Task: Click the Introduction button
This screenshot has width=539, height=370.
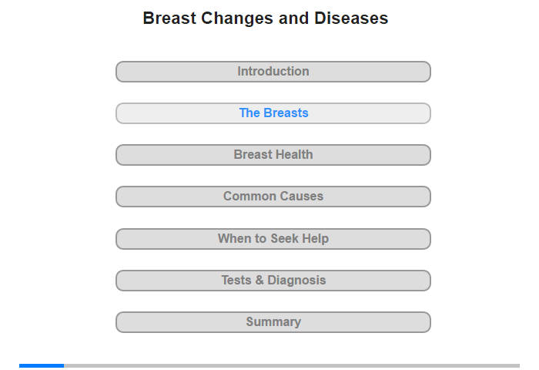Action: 273,72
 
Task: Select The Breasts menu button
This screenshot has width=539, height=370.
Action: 273,113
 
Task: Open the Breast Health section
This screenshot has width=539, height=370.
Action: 273,155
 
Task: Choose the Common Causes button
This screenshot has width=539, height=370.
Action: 273,197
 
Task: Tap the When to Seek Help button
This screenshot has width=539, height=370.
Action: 273,239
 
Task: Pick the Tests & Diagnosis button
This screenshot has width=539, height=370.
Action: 273,281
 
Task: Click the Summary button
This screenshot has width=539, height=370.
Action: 273,322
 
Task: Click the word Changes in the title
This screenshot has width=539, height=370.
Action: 237,18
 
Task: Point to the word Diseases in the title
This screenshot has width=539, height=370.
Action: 351,18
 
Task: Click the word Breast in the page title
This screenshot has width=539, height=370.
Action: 169,18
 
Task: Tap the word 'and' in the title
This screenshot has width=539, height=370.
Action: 294,18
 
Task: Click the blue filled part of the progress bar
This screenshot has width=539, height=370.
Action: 42,365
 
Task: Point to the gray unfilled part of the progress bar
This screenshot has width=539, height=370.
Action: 292,365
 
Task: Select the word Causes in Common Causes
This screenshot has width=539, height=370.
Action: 303,197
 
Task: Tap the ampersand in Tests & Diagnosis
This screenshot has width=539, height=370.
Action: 259,280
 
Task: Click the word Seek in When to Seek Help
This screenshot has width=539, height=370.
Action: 284,238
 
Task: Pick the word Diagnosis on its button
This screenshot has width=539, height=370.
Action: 296,281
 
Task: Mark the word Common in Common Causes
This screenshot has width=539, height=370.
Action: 250,197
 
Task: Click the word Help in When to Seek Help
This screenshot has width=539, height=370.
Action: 316,239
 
